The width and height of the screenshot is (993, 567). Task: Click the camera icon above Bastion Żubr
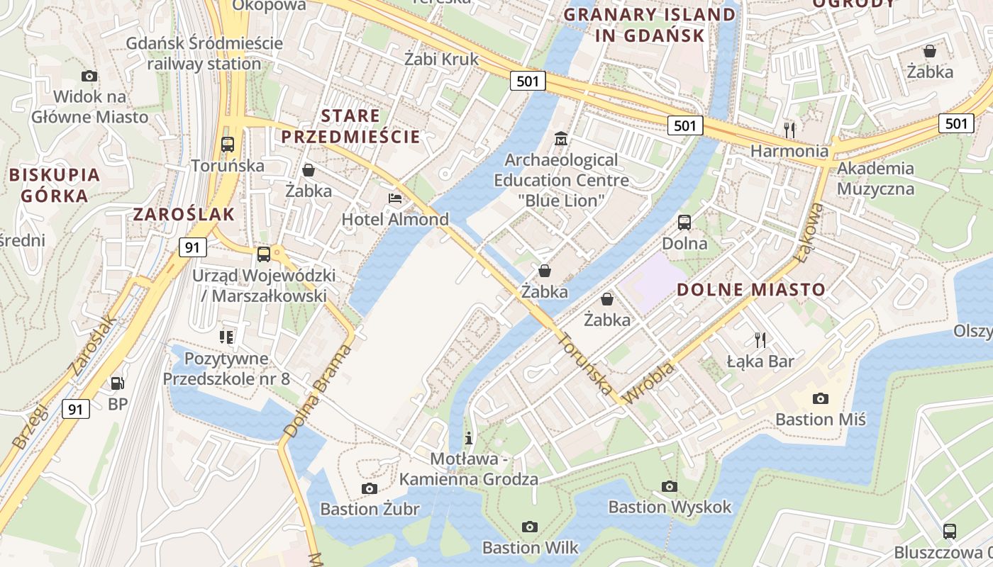pyautogui.click(x=369, y=488)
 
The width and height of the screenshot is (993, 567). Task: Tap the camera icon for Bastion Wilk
pyautogui.click(x=529, y=527)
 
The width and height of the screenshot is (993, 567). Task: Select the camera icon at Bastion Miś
pyautogui.click(x=821, y=398)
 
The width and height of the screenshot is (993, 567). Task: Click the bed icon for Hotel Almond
pyautogui.click(x=395, y=198)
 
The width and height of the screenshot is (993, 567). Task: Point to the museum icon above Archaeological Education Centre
pyautogui.click(x=561, y=139)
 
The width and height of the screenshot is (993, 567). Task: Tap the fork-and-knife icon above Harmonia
pyautogui.click(x=789, y=130)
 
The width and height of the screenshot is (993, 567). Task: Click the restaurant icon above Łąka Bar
pyautogui.click(x=760, y=340)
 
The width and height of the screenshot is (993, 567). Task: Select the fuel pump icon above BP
pyautogui.click(x=118, y=383)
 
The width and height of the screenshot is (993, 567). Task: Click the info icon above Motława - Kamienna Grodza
pyautogui.click(x=468, y=437)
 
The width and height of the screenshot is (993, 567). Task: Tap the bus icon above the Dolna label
pyautogui.click(x=684, y=223)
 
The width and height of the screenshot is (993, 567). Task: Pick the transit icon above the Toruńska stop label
pyautogui.click(x=228, y=145)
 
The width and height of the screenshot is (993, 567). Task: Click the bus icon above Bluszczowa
pyautogui.click(x=950, y=531)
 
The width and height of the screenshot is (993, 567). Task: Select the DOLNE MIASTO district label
pyautogui.click(x=751, y=289)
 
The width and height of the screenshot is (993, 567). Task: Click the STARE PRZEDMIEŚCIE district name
pyautogui.click(x=350, y=125)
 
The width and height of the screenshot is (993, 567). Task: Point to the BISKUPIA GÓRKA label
pyautogui.click(x=54, y=185)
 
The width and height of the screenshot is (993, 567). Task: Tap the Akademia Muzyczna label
pyautogui.click(x=875, y=179)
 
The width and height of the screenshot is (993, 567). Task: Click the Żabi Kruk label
pyautogui.click(x=441, y=59)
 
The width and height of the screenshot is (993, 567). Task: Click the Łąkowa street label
pyautogui.click(x=811, y=233)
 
